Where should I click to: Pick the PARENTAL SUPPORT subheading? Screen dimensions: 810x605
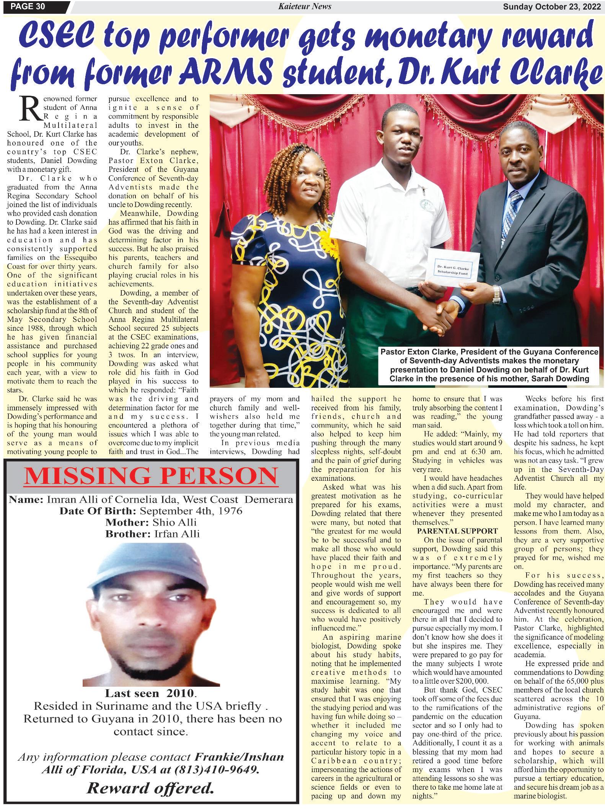pos(457,531)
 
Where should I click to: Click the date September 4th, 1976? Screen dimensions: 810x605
pos(191,511)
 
